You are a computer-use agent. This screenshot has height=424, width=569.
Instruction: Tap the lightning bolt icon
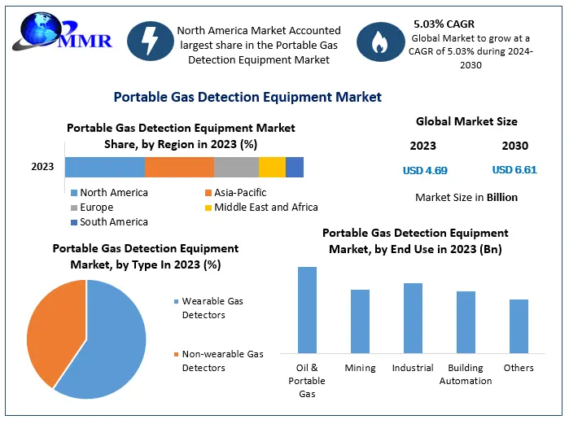click(151, 42)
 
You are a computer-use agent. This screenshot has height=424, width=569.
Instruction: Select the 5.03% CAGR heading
click(445, 24)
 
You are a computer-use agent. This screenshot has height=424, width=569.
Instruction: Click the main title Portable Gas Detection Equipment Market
click(247, 97)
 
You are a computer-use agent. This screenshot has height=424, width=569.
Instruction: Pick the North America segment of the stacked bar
click(105, 167)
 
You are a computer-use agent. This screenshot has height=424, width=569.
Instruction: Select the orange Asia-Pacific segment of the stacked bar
click(179, 167)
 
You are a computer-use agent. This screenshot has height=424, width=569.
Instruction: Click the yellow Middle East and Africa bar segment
click(272, 167)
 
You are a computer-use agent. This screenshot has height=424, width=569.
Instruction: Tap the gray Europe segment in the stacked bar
click(236, 167)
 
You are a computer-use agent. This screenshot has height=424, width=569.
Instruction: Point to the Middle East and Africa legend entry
click(260, 207)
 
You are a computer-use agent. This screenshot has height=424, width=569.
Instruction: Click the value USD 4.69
click(425, 171)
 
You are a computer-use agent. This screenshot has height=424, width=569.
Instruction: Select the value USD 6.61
click(514, 170)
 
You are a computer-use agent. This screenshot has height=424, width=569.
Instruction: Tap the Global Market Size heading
click(466, 122)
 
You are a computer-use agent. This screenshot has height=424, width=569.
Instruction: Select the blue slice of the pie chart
click(110, 346)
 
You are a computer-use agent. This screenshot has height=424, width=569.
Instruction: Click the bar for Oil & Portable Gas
click(307, 310)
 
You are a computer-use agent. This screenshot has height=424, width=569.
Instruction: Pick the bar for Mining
click(360, 321)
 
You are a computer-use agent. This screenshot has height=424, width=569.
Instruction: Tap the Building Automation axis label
click(466, 374)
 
